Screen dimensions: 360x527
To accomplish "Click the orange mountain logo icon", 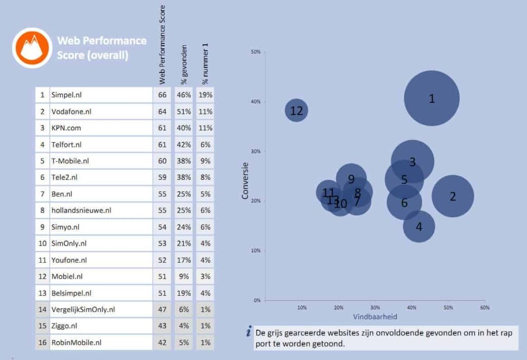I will (32, 47).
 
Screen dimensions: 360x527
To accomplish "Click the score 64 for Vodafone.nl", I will (162, 111).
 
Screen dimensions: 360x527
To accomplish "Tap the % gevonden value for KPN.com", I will (184, 128).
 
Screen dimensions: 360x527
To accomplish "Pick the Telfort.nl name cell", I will (66, 144).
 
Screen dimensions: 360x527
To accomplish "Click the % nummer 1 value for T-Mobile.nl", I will (205, 161).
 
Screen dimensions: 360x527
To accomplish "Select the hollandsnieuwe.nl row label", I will (81, 210).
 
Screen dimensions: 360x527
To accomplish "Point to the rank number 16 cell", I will (42, 342).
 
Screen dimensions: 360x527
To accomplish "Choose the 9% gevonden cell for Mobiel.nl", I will (184, 276).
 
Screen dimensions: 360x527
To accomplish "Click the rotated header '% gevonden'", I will (184, 64).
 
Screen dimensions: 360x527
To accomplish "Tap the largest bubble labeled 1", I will (431, 98).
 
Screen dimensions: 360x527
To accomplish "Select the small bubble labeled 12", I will (296, 110).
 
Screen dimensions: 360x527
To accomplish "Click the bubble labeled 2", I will (452, 196).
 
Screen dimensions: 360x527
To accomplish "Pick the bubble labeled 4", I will (419, 227).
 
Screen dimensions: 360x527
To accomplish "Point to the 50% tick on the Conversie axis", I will (256, 52).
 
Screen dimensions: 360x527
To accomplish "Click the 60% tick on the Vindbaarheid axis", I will (484, 307).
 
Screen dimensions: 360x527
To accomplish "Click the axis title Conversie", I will (245, 180).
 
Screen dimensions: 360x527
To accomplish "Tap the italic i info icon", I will (249, 332).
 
